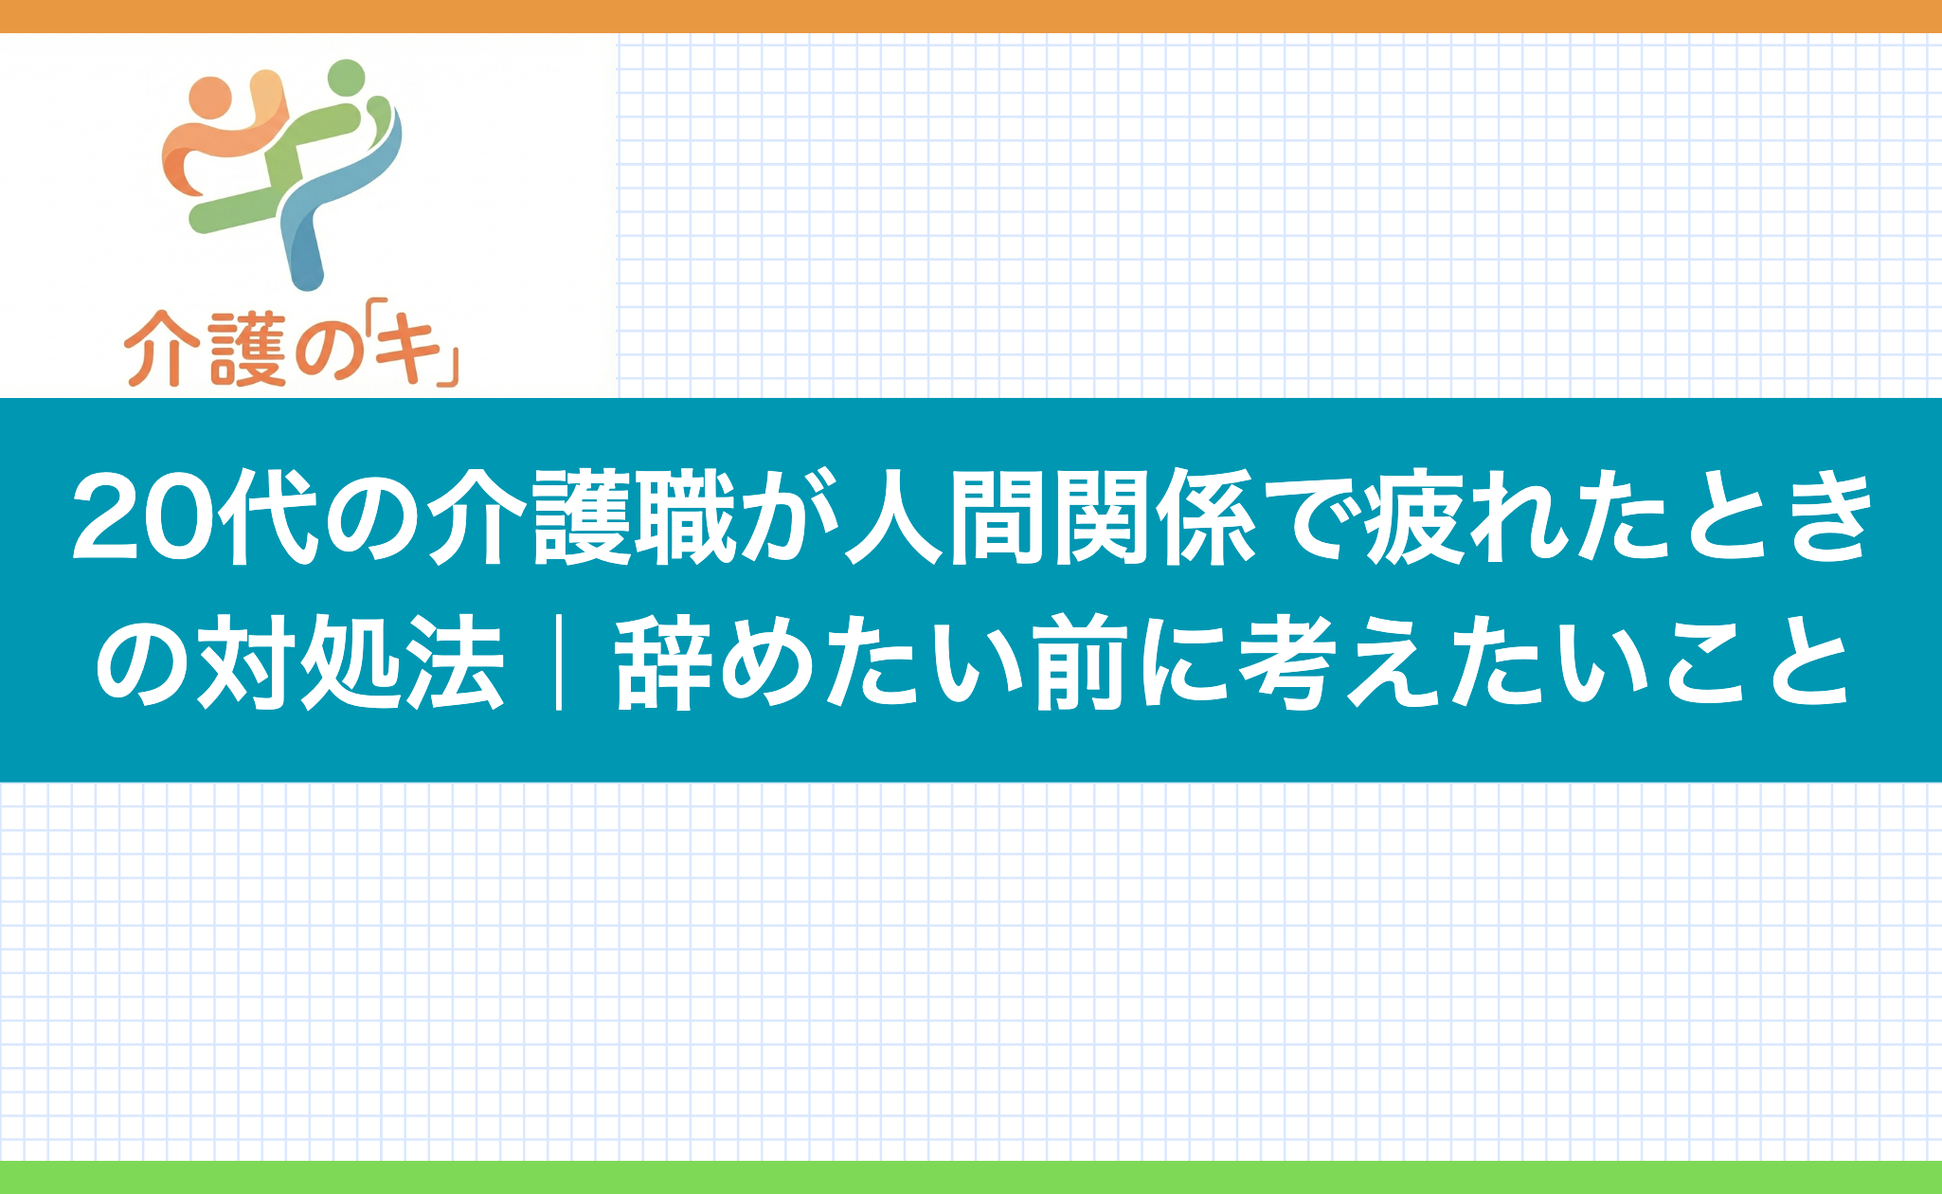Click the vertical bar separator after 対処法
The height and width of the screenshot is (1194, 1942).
(559, 660)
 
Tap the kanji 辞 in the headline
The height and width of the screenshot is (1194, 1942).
(663, 660)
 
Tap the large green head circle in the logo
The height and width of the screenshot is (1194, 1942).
(347, 78)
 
